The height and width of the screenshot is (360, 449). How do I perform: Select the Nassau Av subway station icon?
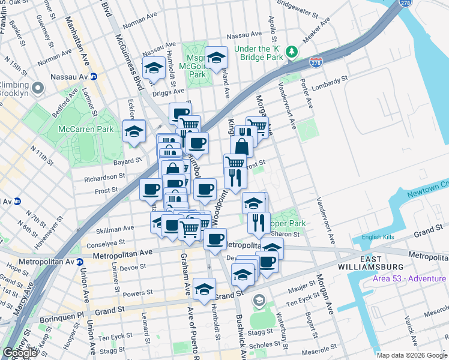coord(94,77)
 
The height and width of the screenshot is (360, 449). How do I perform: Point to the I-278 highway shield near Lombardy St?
coord(315,62)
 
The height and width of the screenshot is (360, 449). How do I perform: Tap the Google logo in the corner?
coord(20,353)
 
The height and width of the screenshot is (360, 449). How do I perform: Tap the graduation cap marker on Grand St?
coord(204,287)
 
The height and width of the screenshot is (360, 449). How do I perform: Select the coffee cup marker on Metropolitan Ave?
coord(214,239)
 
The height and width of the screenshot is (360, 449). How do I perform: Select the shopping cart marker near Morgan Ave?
coord(257,126)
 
